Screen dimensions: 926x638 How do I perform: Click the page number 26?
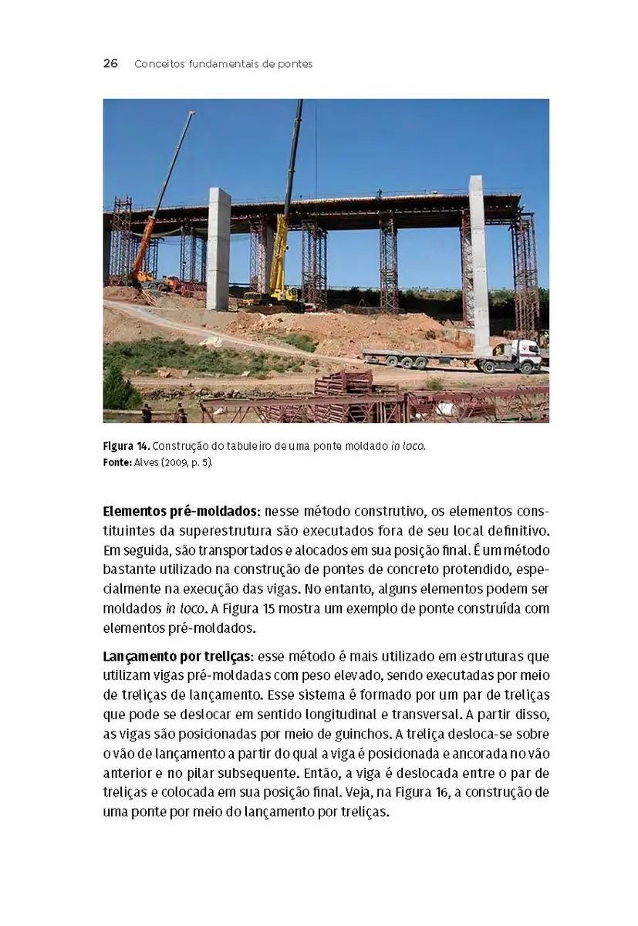pos(110,63)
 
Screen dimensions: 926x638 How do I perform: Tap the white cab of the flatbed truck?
pos(526,354)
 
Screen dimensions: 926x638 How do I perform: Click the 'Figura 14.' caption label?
pos(126,447)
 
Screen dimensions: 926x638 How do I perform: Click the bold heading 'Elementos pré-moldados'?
pos(180,511)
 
